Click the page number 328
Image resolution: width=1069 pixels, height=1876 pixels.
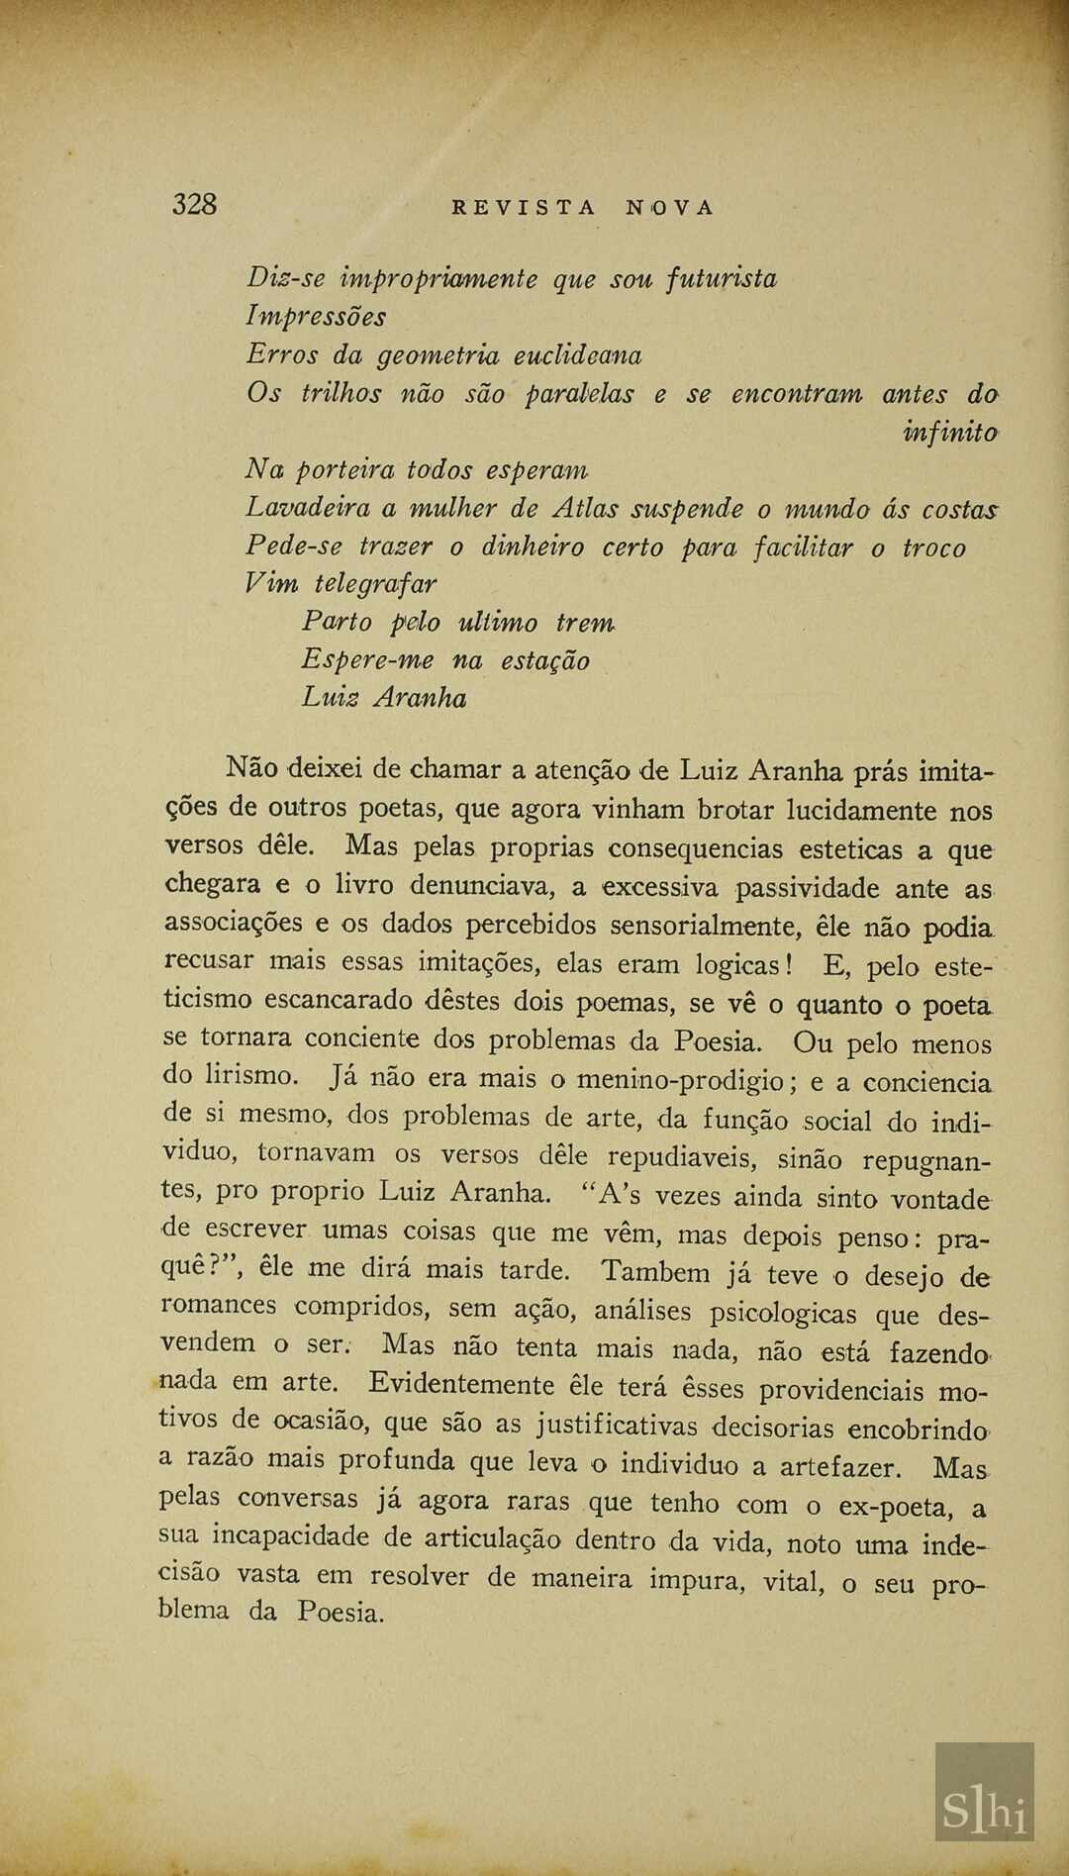click(194, 205)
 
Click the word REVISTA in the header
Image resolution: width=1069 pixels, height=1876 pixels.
click(525, 208)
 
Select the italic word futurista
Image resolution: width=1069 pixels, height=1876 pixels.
click(722, 279)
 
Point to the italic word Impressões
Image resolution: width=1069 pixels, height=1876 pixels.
click(317, 317)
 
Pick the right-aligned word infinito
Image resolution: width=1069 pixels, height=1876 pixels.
click(949, 432)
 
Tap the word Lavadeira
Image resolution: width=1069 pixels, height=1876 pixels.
click(307, 508)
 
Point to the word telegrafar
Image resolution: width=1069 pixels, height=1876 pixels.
click(375, 584)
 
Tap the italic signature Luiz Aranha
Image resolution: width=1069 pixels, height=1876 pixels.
click(384, 698)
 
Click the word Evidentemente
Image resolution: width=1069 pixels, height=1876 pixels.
click(461, 1384)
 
